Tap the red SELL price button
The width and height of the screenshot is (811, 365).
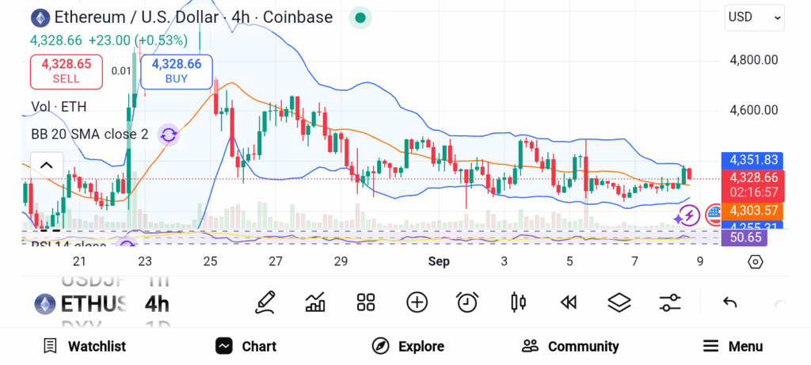67,71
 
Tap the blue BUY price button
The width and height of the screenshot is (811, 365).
177,71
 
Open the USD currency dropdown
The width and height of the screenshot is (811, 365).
755,17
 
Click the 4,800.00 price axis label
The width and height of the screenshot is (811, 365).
753,60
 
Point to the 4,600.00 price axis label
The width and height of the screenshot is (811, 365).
753,111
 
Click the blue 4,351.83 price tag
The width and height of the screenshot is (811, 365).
752,159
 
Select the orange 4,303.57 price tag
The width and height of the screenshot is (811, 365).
752,211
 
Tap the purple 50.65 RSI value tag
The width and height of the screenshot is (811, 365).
745,238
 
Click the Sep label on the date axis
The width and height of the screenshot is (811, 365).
439,261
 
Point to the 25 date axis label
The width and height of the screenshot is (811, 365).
210,261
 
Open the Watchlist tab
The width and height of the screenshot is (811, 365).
84,346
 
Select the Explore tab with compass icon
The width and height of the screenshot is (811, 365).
408,346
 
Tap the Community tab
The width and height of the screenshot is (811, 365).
570,346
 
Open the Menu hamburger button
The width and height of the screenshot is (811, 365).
733,346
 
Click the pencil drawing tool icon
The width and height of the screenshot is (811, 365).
265,302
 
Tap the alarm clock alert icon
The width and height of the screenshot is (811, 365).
467,302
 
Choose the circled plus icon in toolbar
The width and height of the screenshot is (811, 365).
417,302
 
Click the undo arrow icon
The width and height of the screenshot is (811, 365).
730,302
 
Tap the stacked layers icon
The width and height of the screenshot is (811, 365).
619,302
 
